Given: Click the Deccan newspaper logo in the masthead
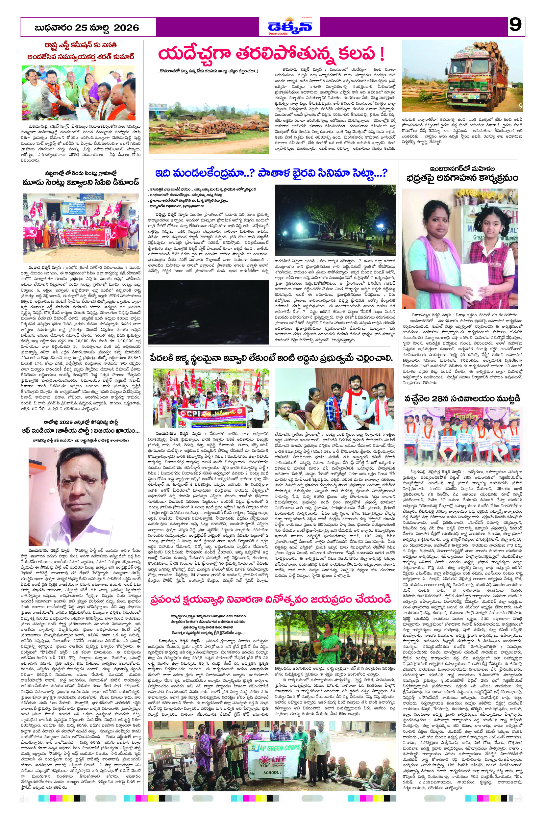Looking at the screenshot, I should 290,26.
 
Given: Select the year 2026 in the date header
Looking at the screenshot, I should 126,28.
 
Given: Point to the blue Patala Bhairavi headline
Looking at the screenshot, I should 271,172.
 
